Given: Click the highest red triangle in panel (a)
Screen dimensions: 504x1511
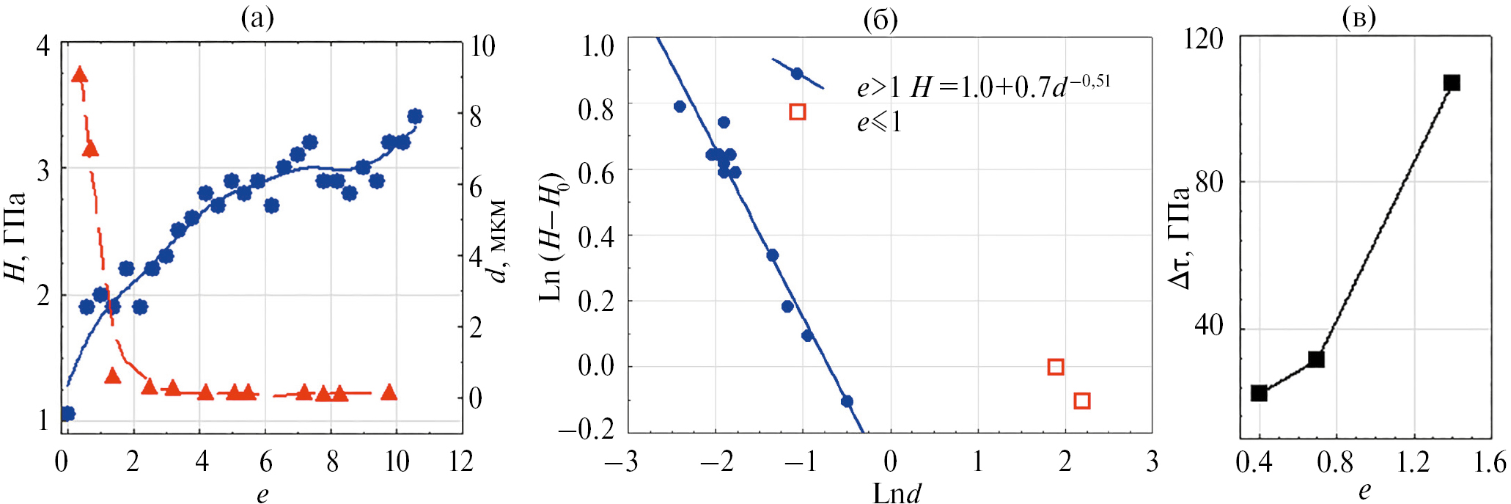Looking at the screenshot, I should (80, 75).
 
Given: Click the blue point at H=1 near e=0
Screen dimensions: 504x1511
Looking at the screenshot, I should (67, 414).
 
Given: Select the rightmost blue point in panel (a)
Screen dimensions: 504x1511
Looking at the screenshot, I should (415, 116).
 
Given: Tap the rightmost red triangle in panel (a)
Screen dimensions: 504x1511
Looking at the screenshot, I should (389, 392).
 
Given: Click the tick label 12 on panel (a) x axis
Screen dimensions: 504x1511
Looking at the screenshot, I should (460, 462).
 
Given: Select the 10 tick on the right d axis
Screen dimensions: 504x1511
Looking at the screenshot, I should (482, 47).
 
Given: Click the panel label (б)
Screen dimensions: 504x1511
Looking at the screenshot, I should (881, 20).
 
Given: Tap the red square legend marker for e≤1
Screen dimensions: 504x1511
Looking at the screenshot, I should (798, 112).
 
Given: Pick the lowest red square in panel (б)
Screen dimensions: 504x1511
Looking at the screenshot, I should (1081, 401).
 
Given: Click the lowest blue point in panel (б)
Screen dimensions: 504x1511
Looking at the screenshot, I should (847, 401).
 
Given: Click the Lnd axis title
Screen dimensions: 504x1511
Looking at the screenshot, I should (896, 492).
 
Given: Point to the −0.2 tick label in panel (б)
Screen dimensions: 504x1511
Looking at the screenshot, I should (586, 430).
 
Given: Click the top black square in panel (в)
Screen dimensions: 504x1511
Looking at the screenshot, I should (1452, 83).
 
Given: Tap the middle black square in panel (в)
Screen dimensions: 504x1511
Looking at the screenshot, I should (1316, 359).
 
